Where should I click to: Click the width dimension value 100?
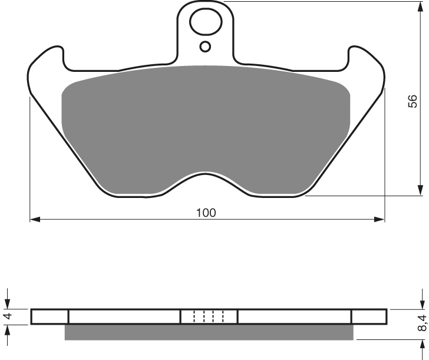coord(206,213)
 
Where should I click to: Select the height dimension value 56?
coord(412,101)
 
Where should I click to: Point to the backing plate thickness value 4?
coord(8,316)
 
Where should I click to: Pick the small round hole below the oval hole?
coord(205,47)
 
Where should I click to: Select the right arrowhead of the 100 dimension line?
coord(380,220)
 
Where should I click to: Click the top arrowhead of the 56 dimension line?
coord(421,6)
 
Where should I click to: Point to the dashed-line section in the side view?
coord(209,316)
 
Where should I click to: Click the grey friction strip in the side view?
coord(209,332)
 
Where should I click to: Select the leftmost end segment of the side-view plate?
coord(49,316)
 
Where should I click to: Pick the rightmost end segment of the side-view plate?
coord(369,316)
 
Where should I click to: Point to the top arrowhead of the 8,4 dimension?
coord(421,305)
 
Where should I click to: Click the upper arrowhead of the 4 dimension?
coord(8,304)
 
